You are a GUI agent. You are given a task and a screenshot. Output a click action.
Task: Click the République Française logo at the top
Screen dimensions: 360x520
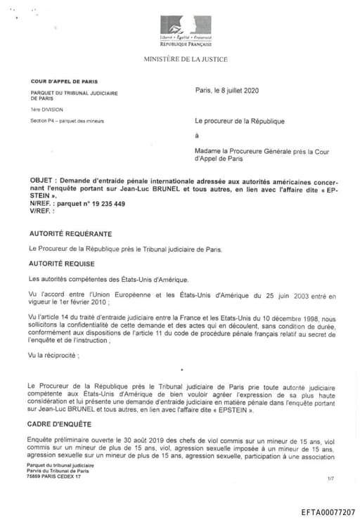[x=186, y=29]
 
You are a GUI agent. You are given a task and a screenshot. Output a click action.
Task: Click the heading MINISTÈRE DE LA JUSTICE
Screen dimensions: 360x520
[x=186, y=59]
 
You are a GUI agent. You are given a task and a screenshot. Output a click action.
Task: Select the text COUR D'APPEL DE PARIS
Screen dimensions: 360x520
[x=58, y=82]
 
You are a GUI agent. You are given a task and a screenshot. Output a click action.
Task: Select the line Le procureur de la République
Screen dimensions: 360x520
[x=239, y=121]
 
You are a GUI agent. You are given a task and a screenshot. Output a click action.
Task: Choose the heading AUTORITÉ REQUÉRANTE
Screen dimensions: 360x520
[x=70, y=233]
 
